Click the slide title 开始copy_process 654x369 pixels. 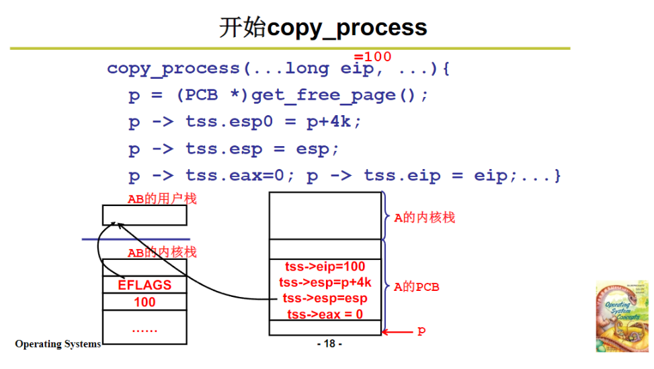[323, 28]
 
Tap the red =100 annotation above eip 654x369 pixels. [372, 57]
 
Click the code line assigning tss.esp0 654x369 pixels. [245, 122]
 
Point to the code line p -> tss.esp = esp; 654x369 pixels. [234, 149]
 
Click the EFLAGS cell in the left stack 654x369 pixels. [145, 285]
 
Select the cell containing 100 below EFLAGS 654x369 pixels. [145, 302]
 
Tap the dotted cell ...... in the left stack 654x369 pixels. [145, 329]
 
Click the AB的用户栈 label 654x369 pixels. [162, 199]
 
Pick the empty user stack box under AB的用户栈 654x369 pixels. [145, 215]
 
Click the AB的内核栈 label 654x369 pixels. [162, 253]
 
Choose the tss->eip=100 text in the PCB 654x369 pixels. [325, 267]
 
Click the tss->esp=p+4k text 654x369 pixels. [325, 283]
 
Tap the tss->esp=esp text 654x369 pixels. [325, 298]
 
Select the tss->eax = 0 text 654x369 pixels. [325, 314]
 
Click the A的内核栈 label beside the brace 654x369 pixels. [424, 217]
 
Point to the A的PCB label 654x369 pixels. [417, 287]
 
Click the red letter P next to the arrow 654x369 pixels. [421, 331]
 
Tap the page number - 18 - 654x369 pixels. [329, 343]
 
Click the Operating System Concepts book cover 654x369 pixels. [621, 316]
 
